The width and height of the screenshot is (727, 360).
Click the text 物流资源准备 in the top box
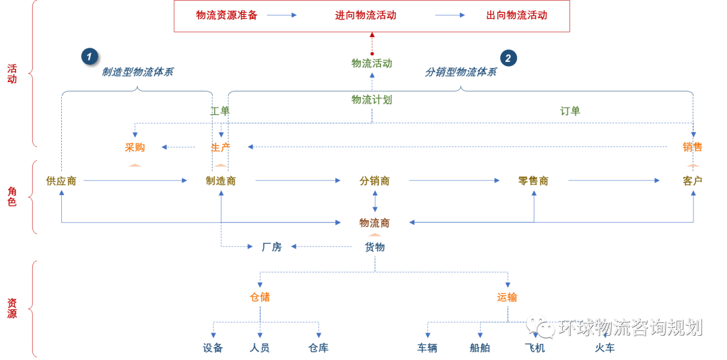point(227,15)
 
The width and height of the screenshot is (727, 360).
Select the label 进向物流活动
point(366,15)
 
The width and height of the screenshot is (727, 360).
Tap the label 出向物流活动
point(517,15)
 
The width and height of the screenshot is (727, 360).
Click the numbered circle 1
point(90,57)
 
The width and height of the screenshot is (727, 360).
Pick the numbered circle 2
point(508,58)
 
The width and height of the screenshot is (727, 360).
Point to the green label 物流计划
point(371,100)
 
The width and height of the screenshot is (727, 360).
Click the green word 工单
point(220,111)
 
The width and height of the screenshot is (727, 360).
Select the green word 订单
point(570,111)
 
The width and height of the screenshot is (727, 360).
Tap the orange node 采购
point(135,147)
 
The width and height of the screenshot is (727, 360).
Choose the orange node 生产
point(221,147)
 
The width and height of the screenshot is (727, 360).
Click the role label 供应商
point(61,180)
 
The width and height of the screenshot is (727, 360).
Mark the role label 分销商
point(375,180)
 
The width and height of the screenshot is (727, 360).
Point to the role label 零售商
point(533,180)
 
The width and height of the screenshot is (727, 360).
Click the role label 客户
point(693,180)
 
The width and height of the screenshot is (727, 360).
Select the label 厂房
point(271,247)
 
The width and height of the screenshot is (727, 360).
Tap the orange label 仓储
point(260,297)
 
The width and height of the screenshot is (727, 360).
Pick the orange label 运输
point(508,297)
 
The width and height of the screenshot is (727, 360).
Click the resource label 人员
point(260,348)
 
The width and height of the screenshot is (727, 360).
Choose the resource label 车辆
point(427,348)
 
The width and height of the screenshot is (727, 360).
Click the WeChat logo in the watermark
point(541,326)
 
